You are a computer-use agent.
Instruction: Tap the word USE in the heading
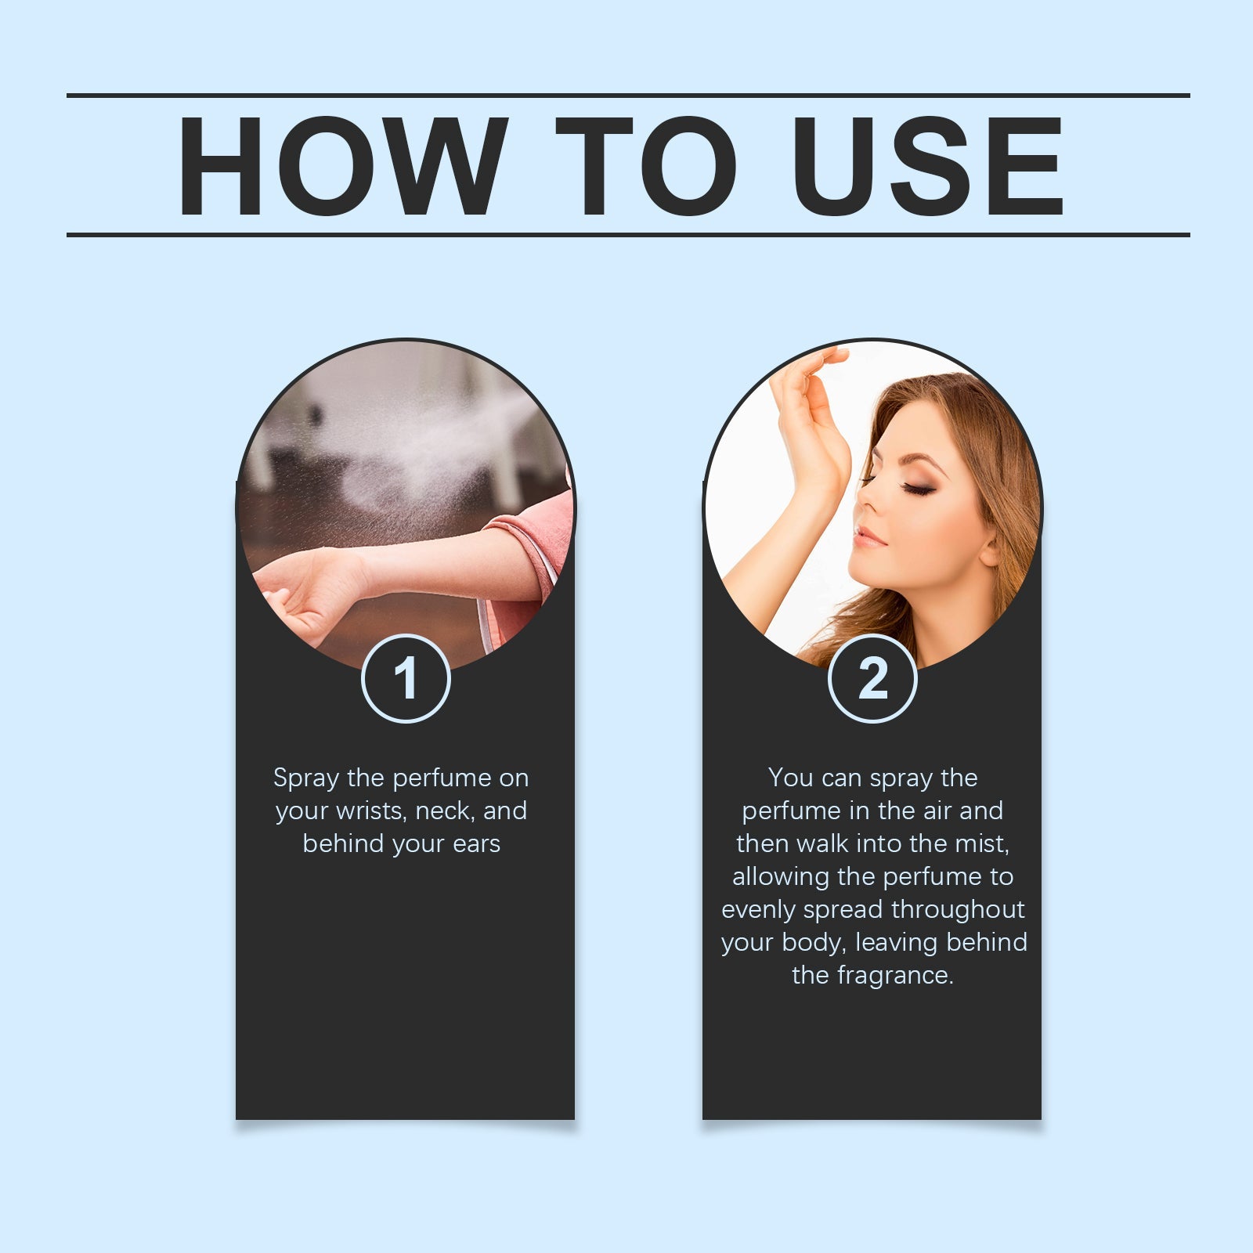927,166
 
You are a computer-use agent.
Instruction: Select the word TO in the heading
645,166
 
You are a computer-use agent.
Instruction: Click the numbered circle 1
406,678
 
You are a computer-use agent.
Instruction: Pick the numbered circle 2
872,678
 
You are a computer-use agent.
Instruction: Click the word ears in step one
476,844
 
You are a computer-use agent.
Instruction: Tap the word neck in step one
445,811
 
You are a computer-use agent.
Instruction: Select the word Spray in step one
306,779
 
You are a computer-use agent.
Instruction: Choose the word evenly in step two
759,911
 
